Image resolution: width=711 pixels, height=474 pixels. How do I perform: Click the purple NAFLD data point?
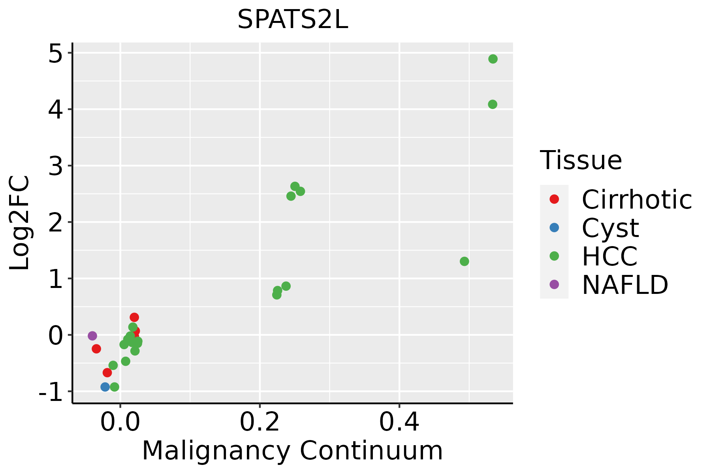tap(92, 336)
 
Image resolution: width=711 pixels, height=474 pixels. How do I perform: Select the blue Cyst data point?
tap(105, 387)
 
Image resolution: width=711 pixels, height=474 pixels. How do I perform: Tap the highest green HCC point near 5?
tap(493, 59)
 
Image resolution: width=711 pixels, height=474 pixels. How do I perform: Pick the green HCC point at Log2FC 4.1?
tap(493, 104)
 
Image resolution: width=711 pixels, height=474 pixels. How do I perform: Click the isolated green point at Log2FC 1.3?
tap(465, 261)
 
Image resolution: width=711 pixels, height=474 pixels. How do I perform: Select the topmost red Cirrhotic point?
tap(134, 317)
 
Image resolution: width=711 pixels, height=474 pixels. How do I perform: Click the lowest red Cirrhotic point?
tap(107, 372)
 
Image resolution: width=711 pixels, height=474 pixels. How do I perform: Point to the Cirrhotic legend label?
tap(637, 199)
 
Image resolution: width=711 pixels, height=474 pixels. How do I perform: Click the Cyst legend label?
tap(610, 228)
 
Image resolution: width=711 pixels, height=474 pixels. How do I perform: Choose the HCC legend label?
tap(609, 256)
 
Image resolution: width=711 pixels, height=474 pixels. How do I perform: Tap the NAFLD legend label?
tap(625, 285)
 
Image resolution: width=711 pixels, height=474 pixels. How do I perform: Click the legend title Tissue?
tap(581, 160)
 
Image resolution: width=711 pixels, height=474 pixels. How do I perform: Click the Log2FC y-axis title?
tap(20, 223)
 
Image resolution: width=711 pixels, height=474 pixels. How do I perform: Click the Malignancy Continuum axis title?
tap(292, 451)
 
